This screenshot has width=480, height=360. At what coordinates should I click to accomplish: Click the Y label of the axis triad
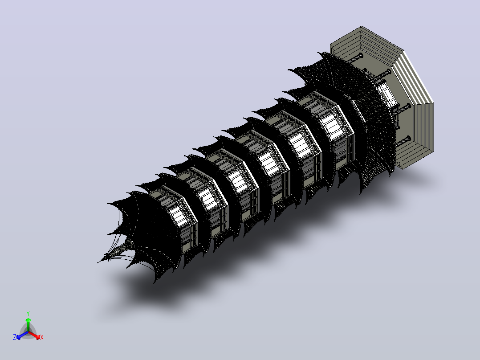[28, 313]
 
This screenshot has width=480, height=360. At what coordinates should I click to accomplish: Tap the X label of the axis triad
[42, 337]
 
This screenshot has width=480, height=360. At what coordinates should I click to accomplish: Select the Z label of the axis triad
[15, 337]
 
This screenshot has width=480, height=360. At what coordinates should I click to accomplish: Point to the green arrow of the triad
[28, 325]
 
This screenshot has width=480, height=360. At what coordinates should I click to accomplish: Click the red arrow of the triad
[34, 335]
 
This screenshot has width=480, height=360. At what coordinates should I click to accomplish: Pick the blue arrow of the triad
[22, 335]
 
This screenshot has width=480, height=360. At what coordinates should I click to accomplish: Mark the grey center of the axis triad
[28, 332]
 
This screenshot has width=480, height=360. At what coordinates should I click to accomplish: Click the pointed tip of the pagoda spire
[98, 262]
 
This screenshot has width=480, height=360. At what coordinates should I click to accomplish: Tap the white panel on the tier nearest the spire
[179, 216]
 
